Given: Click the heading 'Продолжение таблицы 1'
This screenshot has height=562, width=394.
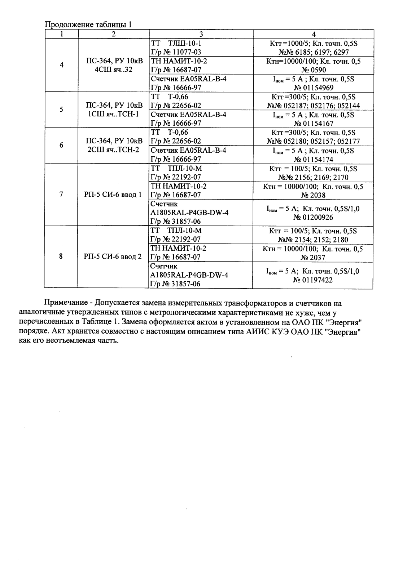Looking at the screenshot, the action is (88, 25).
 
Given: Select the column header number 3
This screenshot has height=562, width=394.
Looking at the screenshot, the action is (201, 34).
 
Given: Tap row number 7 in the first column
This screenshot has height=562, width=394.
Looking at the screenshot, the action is (61, 195).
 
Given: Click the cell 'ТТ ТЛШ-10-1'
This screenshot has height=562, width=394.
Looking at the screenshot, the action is (176, 43).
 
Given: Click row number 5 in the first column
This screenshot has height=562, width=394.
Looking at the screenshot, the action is (61, 110).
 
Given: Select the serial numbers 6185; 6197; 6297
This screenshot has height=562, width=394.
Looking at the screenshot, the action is (318, 52).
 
